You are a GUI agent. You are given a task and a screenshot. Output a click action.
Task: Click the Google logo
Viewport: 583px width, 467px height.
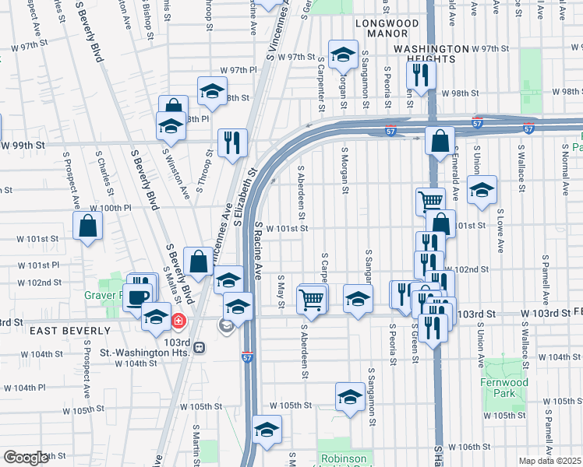(26, 458)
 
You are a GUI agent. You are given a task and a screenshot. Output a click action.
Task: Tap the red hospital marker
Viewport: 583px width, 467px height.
(178, 320)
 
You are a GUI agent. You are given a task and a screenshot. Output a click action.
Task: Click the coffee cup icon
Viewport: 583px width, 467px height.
(138, 297)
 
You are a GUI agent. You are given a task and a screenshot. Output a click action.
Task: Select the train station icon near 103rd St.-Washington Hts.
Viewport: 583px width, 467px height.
(200, 346)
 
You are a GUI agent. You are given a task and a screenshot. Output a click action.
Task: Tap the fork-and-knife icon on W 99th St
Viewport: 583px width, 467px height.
(232, 142)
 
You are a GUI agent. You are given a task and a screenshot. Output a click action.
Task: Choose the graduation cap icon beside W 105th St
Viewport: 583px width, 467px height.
(351, 395)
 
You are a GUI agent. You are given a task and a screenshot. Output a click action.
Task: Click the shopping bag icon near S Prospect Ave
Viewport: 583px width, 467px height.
(88, 226)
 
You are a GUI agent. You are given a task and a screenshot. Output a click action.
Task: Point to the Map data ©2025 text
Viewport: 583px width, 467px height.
(549, 461)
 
